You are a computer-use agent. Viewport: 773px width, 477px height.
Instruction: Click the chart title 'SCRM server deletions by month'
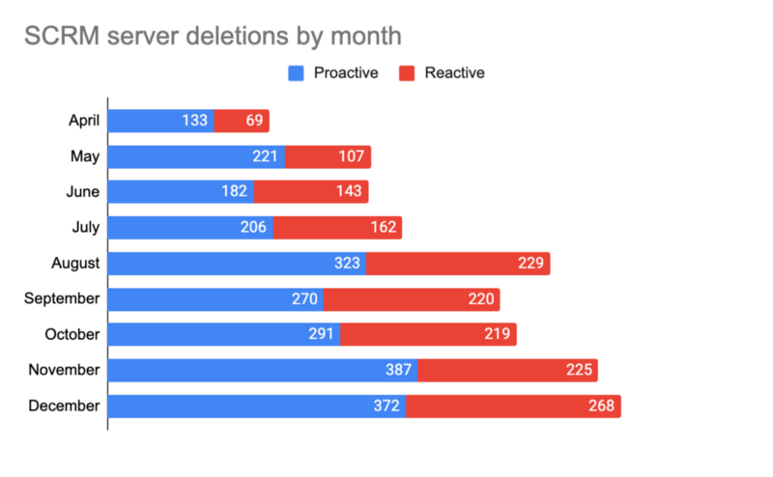point(212,36)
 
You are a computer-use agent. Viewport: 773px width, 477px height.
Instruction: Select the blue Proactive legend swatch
point(297,72)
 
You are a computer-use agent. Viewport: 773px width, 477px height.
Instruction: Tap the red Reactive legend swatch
point(406,72)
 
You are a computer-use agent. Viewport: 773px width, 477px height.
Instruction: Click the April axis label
point(84,121)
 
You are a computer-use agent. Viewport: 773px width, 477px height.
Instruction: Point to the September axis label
point(62,298)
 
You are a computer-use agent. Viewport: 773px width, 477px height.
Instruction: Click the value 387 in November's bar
point(399,370)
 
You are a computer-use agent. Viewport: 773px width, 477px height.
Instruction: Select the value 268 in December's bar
point(601,406)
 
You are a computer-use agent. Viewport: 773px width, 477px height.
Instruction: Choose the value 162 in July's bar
point(384,228)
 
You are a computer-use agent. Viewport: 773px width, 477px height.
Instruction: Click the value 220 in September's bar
point(481,298)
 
